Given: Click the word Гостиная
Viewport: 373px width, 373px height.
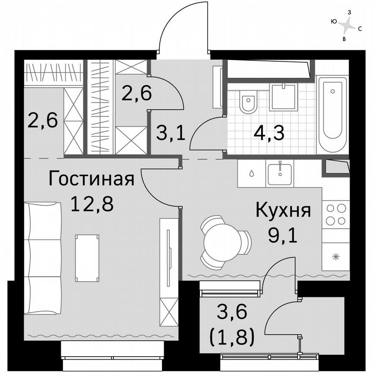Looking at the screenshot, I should coord(91,179).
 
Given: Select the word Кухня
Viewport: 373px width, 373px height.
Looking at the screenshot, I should coord(283,212).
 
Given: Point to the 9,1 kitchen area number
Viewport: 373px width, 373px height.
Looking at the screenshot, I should coord(283,236).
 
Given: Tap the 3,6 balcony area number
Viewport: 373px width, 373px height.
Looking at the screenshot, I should coord(232,312).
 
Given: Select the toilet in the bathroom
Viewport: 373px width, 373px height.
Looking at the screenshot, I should coord(248,102).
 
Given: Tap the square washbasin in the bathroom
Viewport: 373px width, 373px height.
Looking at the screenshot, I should coord(283,97).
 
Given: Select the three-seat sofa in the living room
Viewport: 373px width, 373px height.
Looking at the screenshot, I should coord(43,258).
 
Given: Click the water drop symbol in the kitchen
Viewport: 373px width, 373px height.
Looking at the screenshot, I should coord(252,174).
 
